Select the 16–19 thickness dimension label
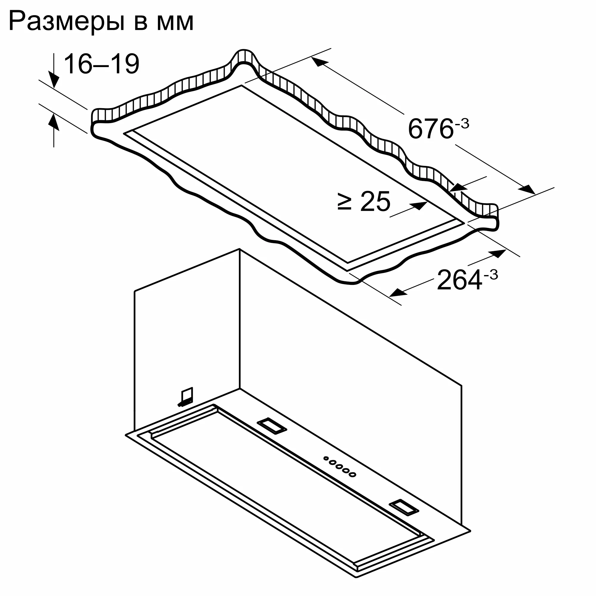tap(102, 64)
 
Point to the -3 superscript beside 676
tap(462, 124)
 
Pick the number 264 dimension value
tap(459, 280)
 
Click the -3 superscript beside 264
tap(491, 274)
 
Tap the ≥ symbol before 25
tap(344, 202)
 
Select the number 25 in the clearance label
tap(375, 202)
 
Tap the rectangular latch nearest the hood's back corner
tap(272, 426)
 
